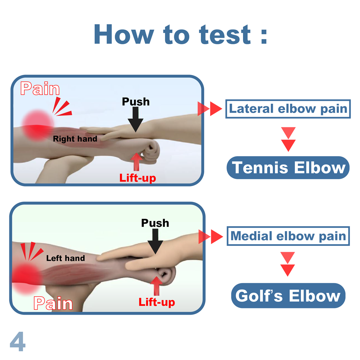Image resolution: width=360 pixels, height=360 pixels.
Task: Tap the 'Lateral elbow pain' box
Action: (288, 108)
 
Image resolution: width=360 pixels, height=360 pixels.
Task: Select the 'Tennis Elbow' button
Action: (288, 167)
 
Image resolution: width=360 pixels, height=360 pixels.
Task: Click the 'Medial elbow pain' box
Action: (288, 236)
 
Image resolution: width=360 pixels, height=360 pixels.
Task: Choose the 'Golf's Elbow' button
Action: (288, 296)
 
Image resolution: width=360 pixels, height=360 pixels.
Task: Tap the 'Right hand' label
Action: (75, 139)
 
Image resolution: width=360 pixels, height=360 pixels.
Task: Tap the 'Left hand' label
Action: (66, 258)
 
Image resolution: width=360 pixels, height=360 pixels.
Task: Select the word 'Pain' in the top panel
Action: (40, 89)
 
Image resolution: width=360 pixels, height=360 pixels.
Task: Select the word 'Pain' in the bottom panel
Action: (53, 303)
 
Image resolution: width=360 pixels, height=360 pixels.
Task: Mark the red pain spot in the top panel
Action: (36, 125)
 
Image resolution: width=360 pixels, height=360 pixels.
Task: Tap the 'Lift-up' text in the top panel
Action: (138, 177)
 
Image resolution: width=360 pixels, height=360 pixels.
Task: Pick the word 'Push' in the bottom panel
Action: (155, 223)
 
